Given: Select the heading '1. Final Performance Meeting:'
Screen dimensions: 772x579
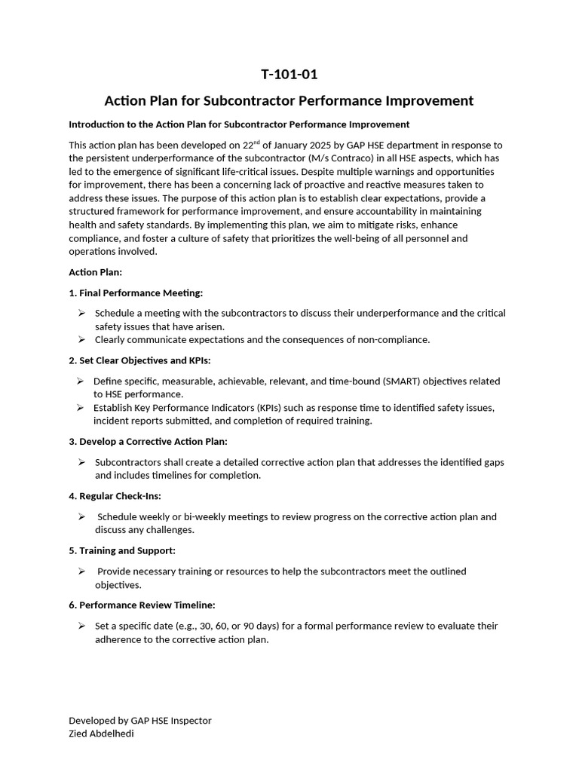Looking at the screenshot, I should pyautogui.click(x=136, y=293).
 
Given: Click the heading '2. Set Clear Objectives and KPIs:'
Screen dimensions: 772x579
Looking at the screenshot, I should pyautogui.click(x=139, y=360).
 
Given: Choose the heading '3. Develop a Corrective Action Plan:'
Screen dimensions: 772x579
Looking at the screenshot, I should pyautogui.click(x=148, y=441).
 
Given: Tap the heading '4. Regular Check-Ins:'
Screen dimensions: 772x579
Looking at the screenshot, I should pyautogui.click(x=115, y=496).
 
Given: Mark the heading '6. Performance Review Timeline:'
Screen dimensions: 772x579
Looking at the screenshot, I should pyautogui.click(x=142, y=605).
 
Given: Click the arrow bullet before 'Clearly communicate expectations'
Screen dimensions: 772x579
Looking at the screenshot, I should pyautogui.click(x=81, y=340).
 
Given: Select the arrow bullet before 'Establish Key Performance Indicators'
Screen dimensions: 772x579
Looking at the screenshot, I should pyautogui.click(x=80, y=408).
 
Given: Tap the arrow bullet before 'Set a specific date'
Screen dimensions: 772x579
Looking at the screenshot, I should pyautogui.click(x=81, y=626).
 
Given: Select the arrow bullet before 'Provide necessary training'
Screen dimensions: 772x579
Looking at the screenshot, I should pyautogui.click(x=81, y=571).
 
